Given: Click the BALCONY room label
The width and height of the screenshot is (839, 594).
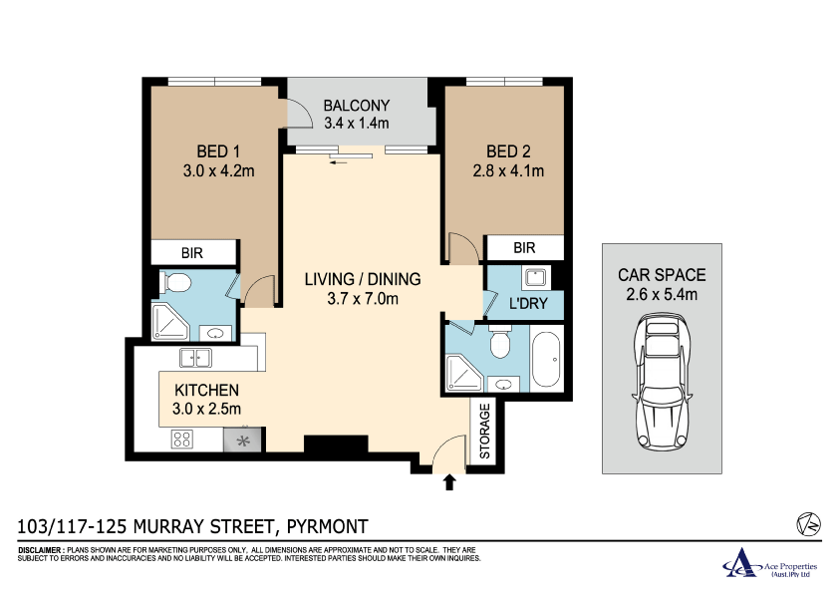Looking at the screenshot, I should [357, 106].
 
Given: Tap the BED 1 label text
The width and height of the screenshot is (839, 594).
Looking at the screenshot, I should [219, 151].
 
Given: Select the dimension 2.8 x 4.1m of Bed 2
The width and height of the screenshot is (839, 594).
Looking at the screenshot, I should [508, 170].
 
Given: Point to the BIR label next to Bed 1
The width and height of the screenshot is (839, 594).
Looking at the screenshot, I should [191, 253].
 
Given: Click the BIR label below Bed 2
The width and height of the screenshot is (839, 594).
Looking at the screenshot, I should [524, 248].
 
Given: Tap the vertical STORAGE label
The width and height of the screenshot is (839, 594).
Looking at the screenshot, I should [485, 432].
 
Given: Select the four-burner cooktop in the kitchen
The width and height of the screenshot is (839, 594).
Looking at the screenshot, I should [182, 439].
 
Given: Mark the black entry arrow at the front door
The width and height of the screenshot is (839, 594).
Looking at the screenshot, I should [448, 483].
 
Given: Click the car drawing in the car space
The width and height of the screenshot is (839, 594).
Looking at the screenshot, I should [661, 384].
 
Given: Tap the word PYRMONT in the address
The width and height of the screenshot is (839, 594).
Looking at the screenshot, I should [328, 526].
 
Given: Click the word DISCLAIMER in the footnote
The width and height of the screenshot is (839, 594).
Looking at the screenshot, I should [41, 550].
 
